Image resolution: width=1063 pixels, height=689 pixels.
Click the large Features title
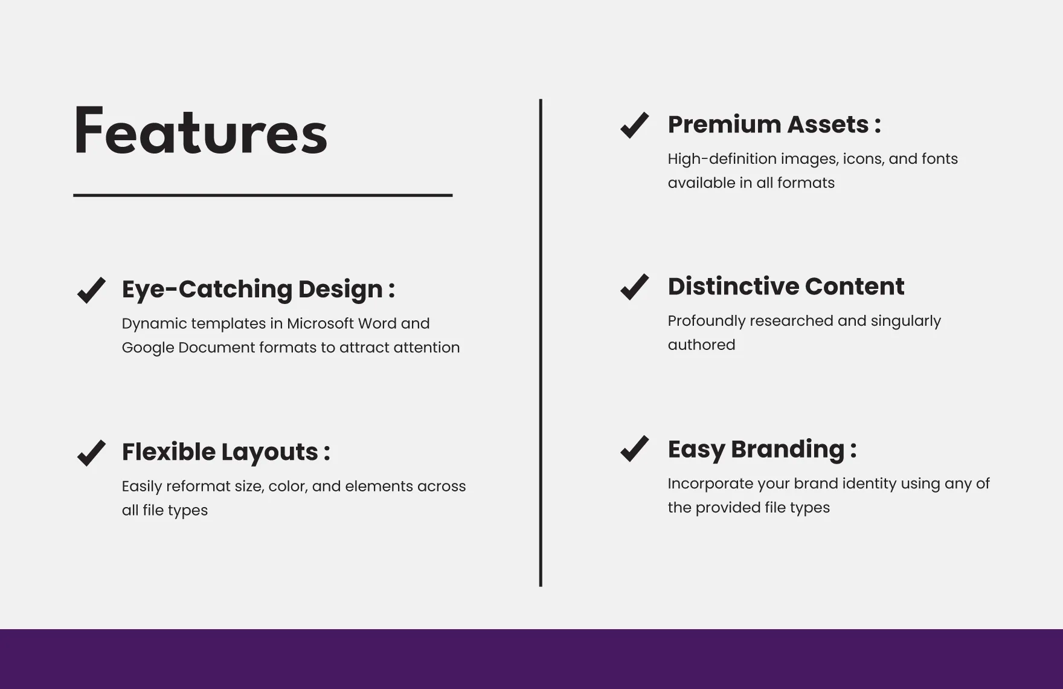[201, 131]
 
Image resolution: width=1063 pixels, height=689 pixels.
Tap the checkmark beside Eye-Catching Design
[91, 290]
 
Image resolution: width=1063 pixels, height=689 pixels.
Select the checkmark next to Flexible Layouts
[91, 453]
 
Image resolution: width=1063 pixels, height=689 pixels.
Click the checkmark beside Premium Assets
[634, 125]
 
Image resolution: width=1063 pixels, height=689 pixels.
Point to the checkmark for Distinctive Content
[634, 286]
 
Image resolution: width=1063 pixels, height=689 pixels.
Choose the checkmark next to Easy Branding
[634, 449]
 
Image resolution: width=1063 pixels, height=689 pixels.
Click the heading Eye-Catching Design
[259, 290]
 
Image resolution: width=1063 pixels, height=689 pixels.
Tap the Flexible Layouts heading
[226, 452]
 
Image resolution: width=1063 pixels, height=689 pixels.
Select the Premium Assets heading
[774, 125]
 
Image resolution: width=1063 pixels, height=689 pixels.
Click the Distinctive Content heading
[786, 286]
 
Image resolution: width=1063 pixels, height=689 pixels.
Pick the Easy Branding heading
[762, 449]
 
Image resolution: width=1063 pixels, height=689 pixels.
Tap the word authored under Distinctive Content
[701, 344]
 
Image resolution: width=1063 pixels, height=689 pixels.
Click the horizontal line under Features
[263, 195]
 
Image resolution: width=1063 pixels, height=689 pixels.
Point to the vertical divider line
[541, 343]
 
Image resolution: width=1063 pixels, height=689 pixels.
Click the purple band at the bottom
[531, 659]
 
